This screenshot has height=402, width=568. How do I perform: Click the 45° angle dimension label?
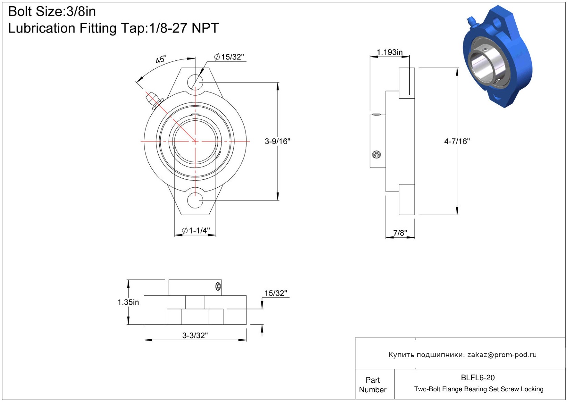coord(160,59)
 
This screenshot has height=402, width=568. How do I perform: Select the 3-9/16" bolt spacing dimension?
coord(277,141)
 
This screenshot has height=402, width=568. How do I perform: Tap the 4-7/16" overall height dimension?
coord(457,141)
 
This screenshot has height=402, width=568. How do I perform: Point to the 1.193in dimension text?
coord(389,52)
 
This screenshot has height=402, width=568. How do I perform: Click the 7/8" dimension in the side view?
coord(400,233)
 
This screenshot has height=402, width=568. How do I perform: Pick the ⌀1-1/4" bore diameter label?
coord(196,231)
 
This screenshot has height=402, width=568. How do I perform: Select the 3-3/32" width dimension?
coord(195,335)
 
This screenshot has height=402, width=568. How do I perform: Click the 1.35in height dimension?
coord(128,302)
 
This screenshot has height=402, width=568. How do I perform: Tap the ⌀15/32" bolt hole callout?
coord(229,57)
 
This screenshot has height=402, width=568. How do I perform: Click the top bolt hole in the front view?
coord(195,82)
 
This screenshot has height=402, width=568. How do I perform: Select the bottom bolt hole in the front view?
coord(195,200)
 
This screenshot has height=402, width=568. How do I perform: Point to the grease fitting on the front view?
coord(154,100)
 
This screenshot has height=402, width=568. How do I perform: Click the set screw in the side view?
coord(377,155)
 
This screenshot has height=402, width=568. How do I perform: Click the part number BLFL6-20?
coord(478,378)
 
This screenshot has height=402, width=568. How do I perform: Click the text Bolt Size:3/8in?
coord(52,12)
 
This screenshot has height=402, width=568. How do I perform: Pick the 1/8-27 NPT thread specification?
coord(184,28)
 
